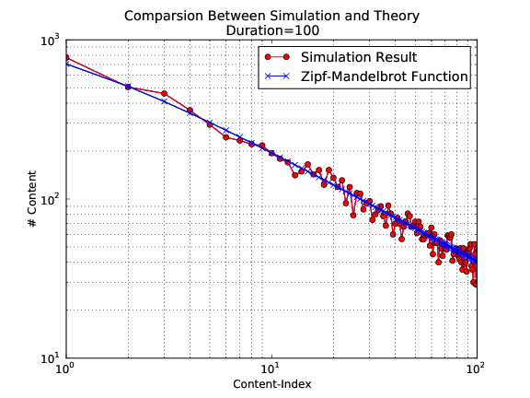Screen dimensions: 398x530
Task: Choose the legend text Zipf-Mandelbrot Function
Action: tap(378, 76)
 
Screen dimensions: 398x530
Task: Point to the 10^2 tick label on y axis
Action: tap(48, 201)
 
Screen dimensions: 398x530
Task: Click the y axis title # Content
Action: tap(32, 200)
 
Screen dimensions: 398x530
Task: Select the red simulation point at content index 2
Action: tap(128, 87)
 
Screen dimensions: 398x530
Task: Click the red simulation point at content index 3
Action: tap(164, 93)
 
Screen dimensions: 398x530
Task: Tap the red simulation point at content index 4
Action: tap(190, 111)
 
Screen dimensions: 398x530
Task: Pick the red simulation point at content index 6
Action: tap(226, 137)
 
